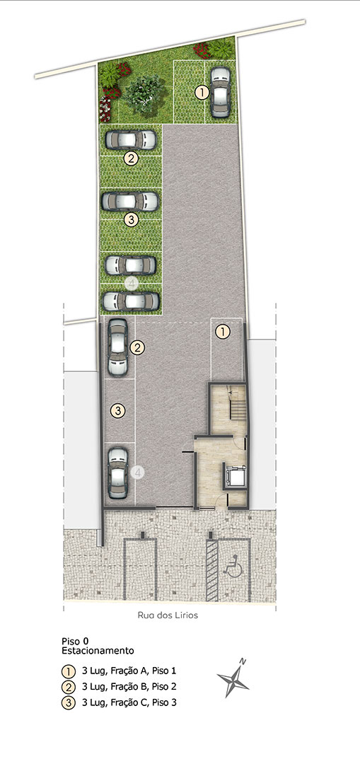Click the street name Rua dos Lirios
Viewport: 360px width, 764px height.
tap(168, 615)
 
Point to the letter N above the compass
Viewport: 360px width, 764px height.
tap(243, 661)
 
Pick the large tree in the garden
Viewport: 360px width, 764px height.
tap(144, 94)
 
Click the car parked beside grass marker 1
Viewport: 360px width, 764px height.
tap(220, 92)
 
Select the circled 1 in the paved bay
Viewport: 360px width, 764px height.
tap(223, 332)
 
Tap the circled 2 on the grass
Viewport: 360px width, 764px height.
tap(131, 158)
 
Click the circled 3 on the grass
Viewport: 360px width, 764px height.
tap(131, 220)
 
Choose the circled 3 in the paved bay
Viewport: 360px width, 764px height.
tap(117, 410)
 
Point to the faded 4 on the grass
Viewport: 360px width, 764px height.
tap(131, 283)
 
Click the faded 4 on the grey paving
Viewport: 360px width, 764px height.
tap(138, 472)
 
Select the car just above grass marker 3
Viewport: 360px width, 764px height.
tap(130, 201)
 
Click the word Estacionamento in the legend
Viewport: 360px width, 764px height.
tap(98, 650)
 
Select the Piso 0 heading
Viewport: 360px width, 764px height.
tap(75, 641)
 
